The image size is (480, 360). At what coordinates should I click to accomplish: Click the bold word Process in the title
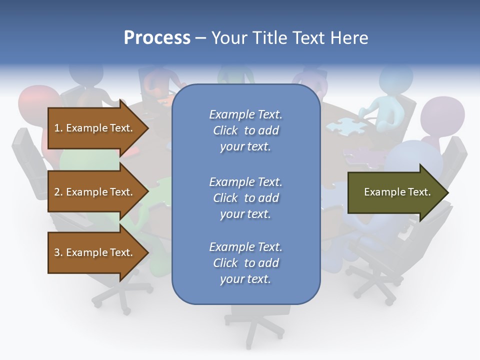pyautogui.click(x=157, y=38)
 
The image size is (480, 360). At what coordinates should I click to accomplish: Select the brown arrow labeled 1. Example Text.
pyautogui.click(x=95, y=128)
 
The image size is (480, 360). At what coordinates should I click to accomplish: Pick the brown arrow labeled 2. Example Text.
pyautogui.click(x=95, y=192)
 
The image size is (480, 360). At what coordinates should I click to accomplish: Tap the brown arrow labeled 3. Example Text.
pyautogui.click(x=95, y=253)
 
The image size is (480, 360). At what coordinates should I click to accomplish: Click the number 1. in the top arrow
pyautogui.click(x=58, y=128)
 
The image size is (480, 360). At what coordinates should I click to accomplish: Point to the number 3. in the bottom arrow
pyautogui.click(x=58, y=253)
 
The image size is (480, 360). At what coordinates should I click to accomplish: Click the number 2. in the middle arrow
pyautogui.click(x=58, y=192)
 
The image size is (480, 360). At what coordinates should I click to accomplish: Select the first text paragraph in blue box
pyautogui.click(x=245, y=130)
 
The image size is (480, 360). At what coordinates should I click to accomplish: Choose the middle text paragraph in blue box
pyautogui.click(x=245, y=198)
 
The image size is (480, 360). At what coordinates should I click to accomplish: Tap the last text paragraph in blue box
pyautogui.click(x=245, y=263)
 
